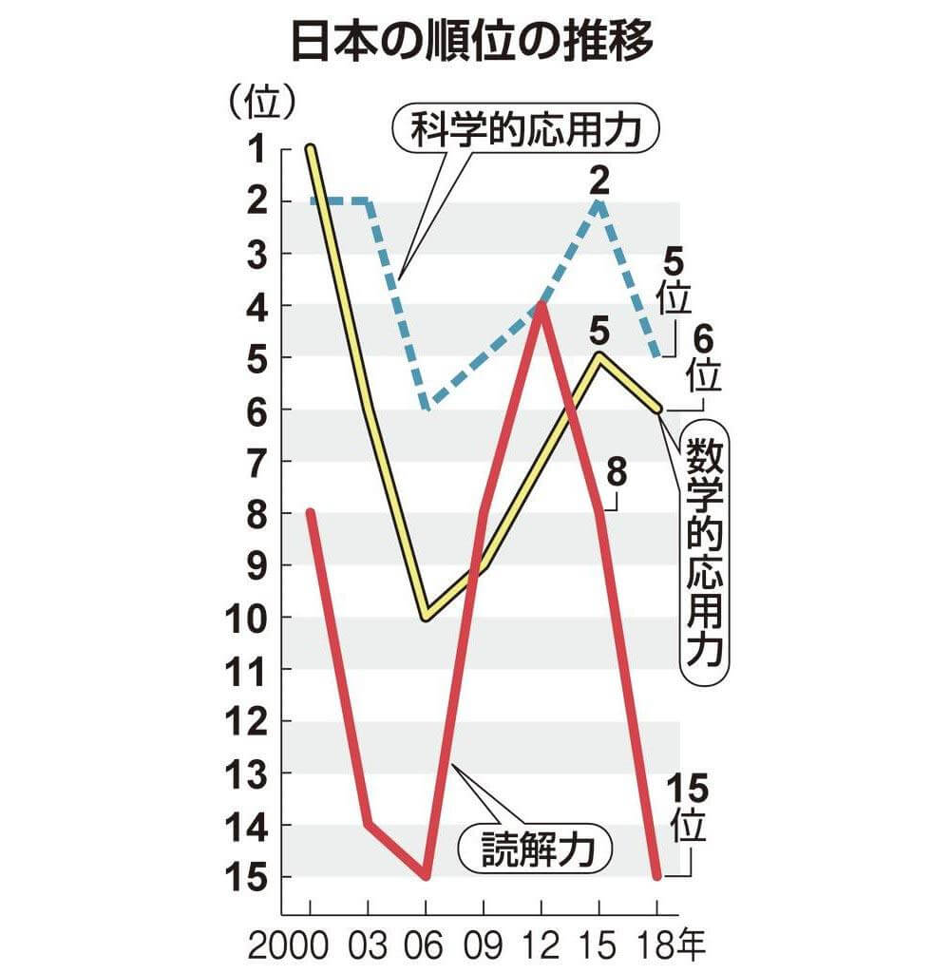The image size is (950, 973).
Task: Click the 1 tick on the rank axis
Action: [255, 148]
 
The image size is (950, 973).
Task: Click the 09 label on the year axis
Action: [484, 946]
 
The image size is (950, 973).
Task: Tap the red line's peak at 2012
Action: [541, 304]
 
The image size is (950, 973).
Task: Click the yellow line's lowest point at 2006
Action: [427, 618]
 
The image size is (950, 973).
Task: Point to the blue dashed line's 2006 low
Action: [427, 408]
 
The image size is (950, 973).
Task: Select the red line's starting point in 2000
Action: [312, 513]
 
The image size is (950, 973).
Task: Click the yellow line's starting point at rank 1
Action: [312, 148]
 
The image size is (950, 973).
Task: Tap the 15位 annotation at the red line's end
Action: [687, 808]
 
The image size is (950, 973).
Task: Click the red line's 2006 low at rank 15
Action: [427, 875]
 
